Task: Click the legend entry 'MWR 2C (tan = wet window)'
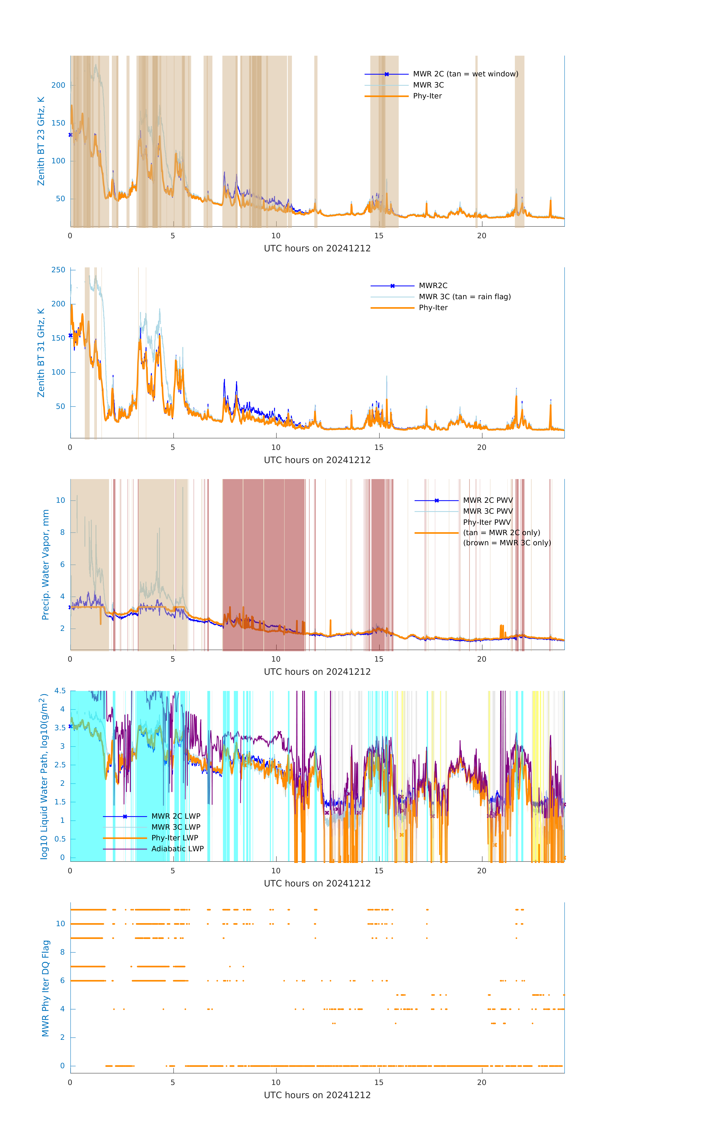click(x=465, y=74)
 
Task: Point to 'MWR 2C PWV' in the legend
click(x=488, y=500)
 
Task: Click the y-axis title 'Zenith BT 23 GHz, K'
click(x=41, y=141)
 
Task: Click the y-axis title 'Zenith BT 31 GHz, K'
click(x=41, y=353)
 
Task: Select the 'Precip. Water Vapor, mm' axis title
click(x=45, y=564)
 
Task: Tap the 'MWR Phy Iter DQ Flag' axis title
click(x=45, y=988)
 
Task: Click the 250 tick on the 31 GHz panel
click(x=58, y=270)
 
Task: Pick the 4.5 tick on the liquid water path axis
click(x=60, y=691)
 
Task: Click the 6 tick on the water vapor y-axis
click(x=62, y=564)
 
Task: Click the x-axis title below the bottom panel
click(x=317, y=1095)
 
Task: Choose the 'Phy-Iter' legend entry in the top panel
click(x=427, y=96)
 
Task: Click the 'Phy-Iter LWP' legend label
click(x=175, y=838)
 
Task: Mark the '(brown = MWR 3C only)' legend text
click(x=507, y=543)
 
